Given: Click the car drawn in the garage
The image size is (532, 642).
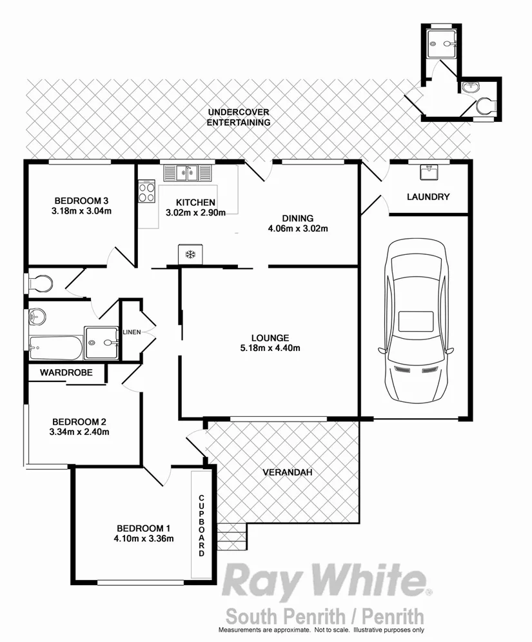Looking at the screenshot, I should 415,326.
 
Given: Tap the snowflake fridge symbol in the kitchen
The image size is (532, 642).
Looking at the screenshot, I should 190,254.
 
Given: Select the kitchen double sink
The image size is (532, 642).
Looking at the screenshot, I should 188,173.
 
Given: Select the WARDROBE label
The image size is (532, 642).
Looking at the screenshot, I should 66,372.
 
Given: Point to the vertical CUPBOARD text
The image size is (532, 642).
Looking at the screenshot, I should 201,527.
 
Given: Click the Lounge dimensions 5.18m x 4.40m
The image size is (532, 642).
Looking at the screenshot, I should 270,348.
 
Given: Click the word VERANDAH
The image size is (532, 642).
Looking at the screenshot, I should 288,472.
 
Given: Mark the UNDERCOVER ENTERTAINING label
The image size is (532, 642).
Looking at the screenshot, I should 238,117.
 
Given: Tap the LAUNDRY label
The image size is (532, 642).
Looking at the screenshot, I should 428,197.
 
